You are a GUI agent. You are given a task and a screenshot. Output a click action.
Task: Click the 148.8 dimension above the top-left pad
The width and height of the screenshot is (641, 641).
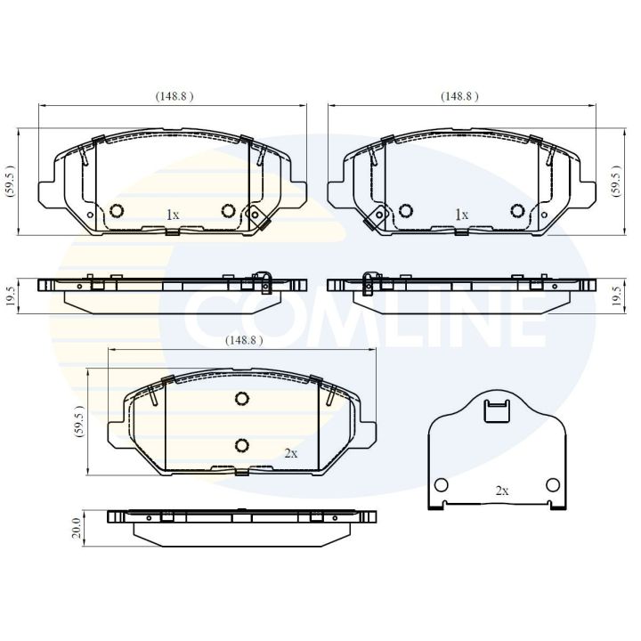174,96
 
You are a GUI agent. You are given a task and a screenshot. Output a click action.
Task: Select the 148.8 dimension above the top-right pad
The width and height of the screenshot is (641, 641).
459,96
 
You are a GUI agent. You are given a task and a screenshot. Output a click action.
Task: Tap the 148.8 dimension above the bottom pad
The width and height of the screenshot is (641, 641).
244,340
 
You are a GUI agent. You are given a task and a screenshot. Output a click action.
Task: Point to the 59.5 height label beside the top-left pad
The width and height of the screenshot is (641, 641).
10,182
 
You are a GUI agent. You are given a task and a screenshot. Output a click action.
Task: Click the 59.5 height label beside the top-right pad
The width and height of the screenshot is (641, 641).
616,182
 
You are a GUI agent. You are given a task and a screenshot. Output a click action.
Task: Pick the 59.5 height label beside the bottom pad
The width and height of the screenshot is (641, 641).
79,421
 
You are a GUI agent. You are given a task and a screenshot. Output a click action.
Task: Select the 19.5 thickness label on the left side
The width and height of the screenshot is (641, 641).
11,296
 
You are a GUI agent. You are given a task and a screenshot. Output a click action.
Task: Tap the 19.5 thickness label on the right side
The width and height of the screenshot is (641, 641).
617,296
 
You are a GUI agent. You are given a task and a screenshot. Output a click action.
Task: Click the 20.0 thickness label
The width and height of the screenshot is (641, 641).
77,528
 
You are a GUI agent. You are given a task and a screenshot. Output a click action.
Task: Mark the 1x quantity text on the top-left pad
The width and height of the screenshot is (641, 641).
173,215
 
